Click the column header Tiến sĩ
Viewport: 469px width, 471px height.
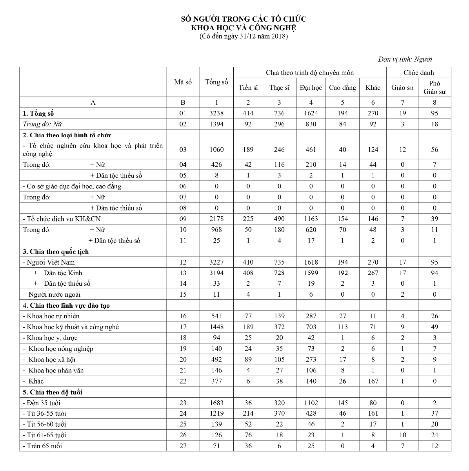tap(248, 88)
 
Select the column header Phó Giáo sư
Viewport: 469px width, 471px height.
tap(434, 88)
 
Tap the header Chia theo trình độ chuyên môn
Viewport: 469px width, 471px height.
tap(310, 73)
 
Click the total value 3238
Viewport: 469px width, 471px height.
tap(216, 113)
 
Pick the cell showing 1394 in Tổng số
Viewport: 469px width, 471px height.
tap(216, 124)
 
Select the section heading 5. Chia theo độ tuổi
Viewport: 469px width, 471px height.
tap(53, 392)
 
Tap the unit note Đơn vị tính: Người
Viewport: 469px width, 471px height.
tap(405, 59)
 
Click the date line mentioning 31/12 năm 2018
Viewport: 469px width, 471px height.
tap(243, 37)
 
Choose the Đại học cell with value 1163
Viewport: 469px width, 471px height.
tap(311, 219)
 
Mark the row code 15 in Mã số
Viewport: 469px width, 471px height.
tap(183, 294)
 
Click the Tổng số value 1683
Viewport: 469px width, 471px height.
tap(216, 403)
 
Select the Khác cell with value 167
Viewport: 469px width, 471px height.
tap(373, 381)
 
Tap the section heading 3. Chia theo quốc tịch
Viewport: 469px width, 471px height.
tap(56, 252)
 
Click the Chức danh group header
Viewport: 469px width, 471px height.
tap(419, 73)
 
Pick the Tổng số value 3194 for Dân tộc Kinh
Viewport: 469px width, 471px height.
tap(216, 273)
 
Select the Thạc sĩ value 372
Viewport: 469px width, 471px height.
tap(279, 327)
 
